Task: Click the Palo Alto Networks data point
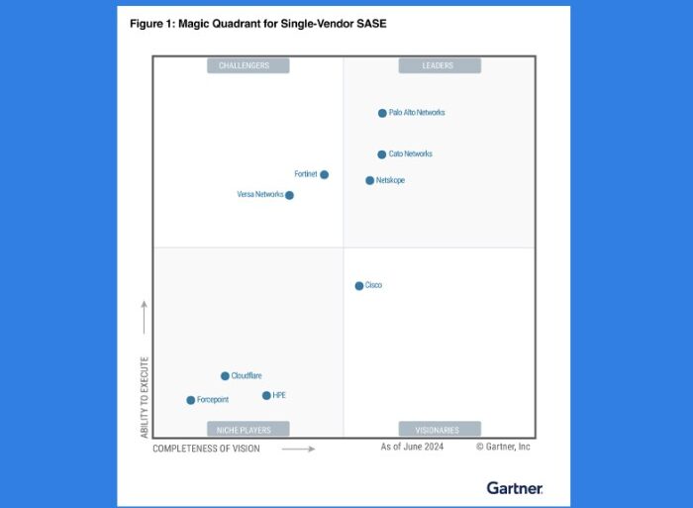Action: pyautogui.click(x=382, y=113)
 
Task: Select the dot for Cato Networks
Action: pyautogui.click(x=381, y=154)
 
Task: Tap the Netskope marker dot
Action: pyautogui.click(x=369, y=180)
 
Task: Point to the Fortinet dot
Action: pyautogui.click(x=324, y=174)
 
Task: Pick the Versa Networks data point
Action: pyautogui.click(x=289, y=195)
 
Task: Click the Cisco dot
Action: pyautogui.click(x=359, y=286)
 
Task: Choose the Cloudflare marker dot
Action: pyautogui.click(x=225, y=376)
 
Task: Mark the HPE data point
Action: pyautogui.click(x=266, y=395)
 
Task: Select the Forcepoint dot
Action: pyautogui.click(x=190, y=400)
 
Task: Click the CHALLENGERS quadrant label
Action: pyautogui.click(x=247, y=65)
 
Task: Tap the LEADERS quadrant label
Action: pyautogui.click(x=439, y=65)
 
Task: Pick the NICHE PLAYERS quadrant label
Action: pyautogui.click(x=247, y=430)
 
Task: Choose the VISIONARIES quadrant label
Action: pyautogui.click(x=439, y=430)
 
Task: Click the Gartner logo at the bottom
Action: pyautogui.click(x=515, y=487)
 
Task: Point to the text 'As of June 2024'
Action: pyautogui.click(x=412, y=448)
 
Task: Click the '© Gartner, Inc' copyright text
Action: pyautogui.click(x=503, y=448)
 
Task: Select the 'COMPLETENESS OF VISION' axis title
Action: pyautogui.click(x=206, y=449)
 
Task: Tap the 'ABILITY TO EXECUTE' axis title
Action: pyautogui.click(x=144, y=397)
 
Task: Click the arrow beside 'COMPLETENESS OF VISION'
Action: pyautogui.click(x=298, y=449)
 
